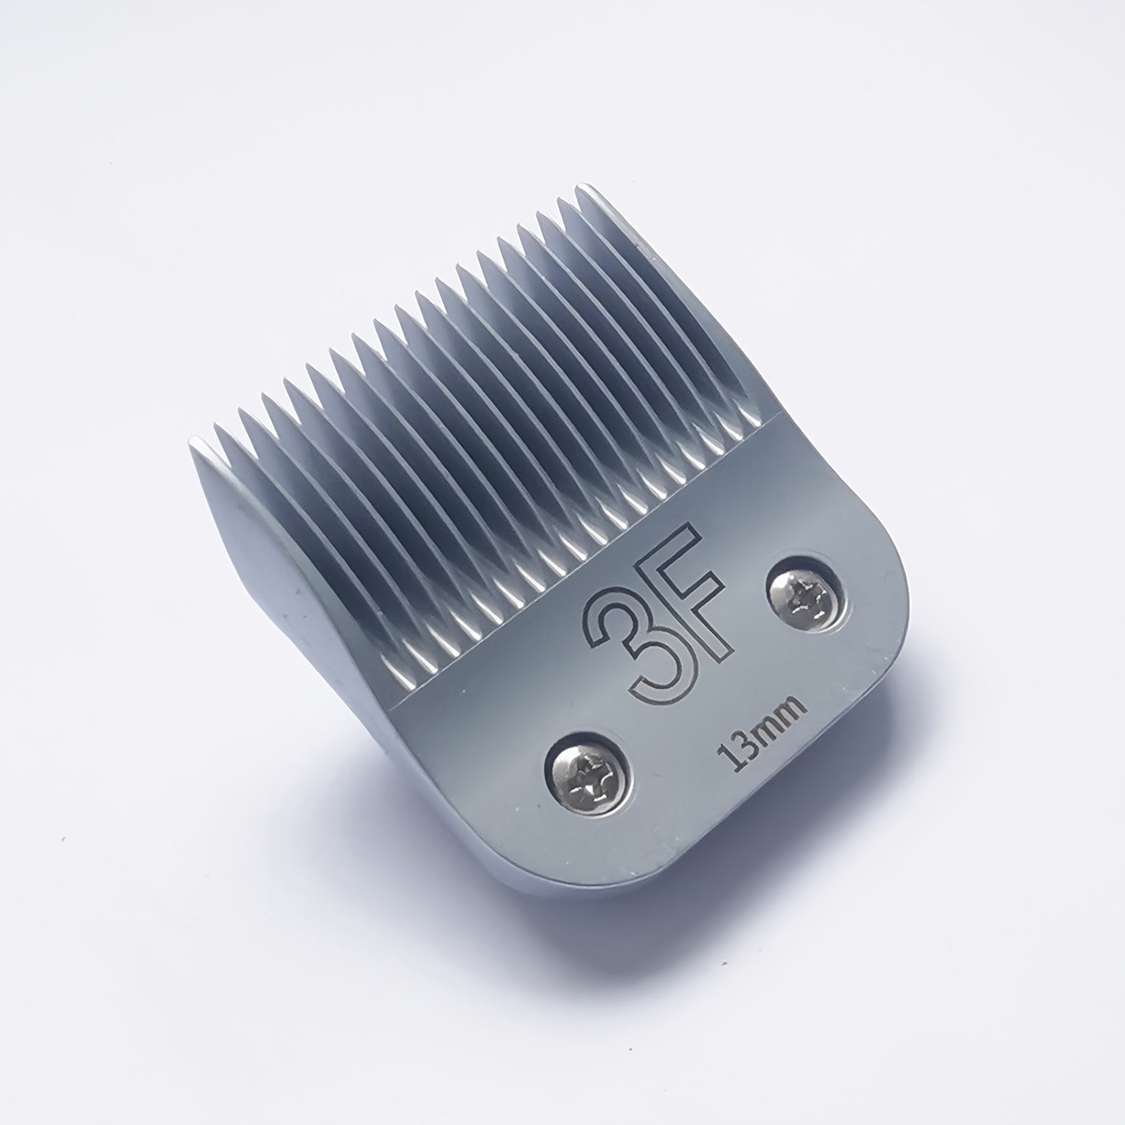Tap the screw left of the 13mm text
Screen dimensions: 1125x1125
(590, 763)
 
